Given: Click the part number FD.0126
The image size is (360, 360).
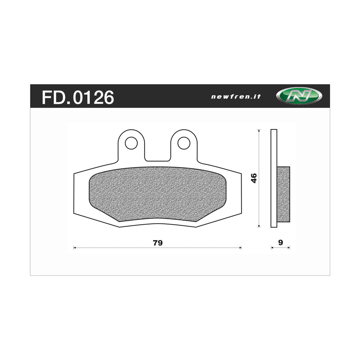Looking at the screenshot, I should (x=78, y=97).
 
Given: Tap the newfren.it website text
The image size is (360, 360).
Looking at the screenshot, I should (x=236, y=96).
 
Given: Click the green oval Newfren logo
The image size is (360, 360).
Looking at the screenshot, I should (x=299, y=96).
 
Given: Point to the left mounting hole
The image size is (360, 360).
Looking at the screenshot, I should (x=131, y=143).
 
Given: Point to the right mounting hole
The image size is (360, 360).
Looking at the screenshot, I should (x=184, y=143).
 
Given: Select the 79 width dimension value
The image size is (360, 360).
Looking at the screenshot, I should (x=158, y=243).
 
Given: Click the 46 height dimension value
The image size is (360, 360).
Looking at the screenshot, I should (x=254, y=178).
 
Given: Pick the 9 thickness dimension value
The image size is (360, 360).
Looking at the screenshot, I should (x=280, y=243).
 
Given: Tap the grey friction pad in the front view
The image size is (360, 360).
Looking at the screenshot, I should (x=157, y=194).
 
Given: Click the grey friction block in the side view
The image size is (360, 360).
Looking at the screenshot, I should (x=283, y=194).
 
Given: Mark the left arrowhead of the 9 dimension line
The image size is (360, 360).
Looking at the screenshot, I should (x=272, y=248).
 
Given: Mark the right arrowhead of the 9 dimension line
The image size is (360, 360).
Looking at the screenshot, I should (x=289, y=248).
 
